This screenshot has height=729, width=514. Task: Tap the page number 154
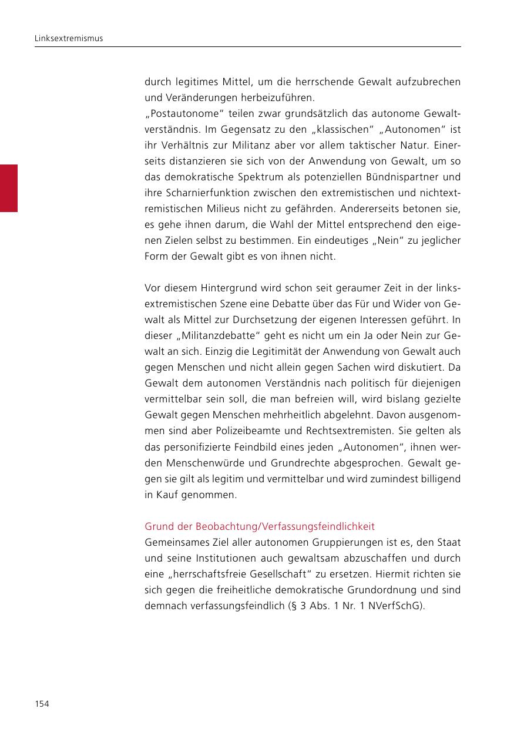point(41,704)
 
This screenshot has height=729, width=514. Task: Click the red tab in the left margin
point(9,188)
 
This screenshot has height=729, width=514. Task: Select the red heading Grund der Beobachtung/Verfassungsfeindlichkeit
point(260,526)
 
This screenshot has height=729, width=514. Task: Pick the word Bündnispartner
point(401,177)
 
